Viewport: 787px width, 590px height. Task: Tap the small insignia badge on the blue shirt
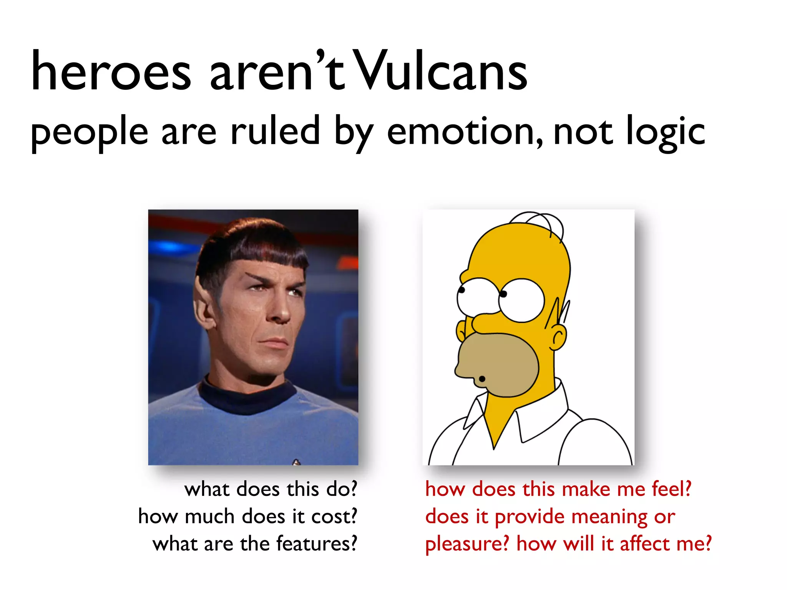(296, 462)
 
